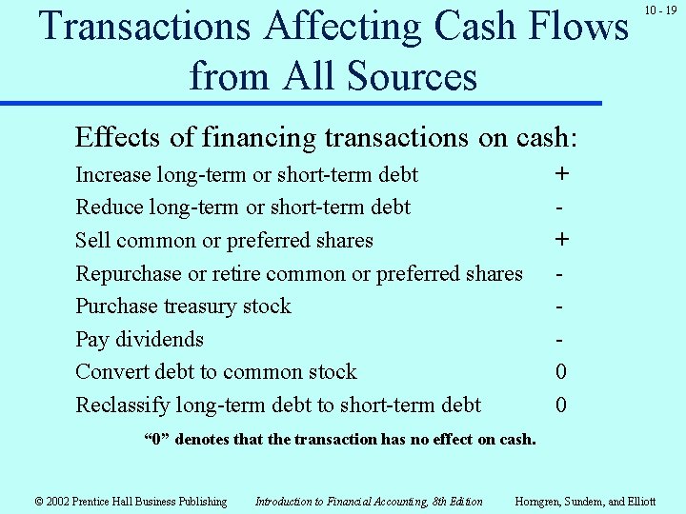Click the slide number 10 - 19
659,10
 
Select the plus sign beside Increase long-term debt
561,174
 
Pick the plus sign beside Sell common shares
561,240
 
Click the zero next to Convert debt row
561,372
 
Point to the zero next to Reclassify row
561,405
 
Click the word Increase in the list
113,175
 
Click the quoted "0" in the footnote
156,440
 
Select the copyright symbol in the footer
39,502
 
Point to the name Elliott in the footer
639,502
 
